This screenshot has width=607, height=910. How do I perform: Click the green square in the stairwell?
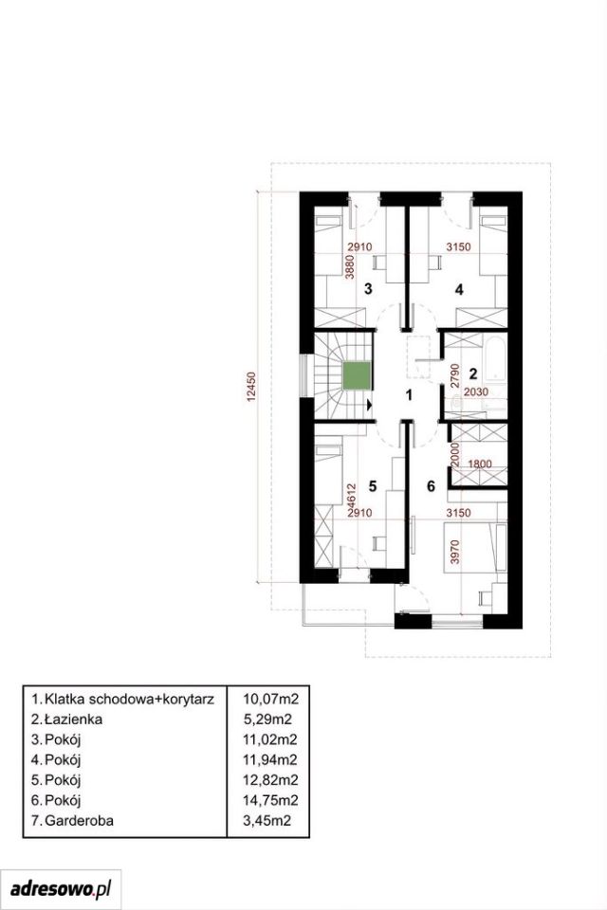pyautogui.click(x=356, y=375)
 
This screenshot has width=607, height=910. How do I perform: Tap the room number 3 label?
pyautogui.click(x=368, y=289)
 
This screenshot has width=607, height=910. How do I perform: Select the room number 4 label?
pyautogui.click(x=459, y=289)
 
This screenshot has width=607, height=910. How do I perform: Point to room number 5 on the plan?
pyautogui.click(x=373, y=485)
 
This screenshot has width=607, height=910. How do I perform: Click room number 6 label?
pyautogui.click(x=431, y=485)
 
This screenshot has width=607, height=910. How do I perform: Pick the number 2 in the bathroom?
pyautogui.click(x=473, y=373)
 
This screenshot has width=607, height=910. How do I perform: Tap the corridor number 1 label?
pyautogui.click(x=409, y=395)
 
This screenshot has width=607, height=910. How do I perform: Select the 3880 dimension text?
pyautogui.click(x=349, y=268)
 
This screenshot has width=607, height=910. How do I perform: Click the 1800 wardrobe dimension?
pyautogui.click(x=480, y=464)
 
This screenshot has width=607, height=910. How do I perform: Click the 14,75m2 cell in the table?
pyautogui.click(x=270, y=800)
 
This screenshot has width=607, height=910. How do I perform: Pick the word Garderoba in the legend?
pyautogui.click(x=79, y=821)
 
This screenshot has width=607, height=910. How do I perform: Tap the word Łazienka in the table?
pyautogui.click(x=73, y=719)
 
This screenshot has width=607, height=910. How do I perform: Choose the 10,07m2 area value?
pyautogui.click(x=270, y=699)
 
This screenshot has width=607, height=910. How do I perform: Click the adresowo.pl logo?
pyautogui.click(x=61, y=888)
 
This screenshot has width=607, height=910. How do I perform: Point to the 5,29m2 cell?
pyautogui.click(x=267, y=719)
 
